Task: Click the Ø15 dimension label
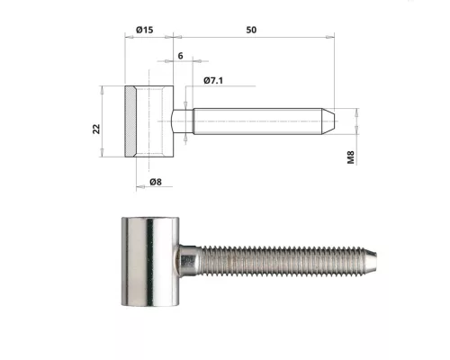tap(144, 30)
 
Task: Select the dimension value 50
tap(251, 30)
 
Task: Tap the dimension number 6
tap(181, 56)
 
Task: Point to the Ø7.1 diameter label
tap(214, 81)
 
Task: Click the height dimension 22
tap(95, 129)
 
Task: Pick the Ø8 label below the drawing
tap(155, 182)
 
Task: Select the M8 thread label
tap(351, 158)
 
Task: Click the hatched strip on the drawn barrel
tap(131, 121)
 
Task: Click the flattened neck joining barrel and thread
tap(186, 263)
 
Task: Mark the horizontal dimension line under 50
tap(252, 38)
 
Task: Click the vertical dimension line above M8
tap(356, 121)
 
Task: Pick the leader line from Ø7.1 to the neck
tap(192, 90)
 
